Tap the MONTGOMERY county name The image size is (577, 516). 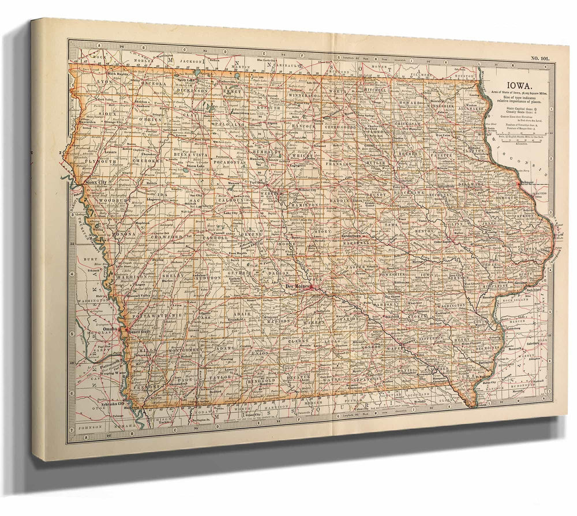click(185, 350)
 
